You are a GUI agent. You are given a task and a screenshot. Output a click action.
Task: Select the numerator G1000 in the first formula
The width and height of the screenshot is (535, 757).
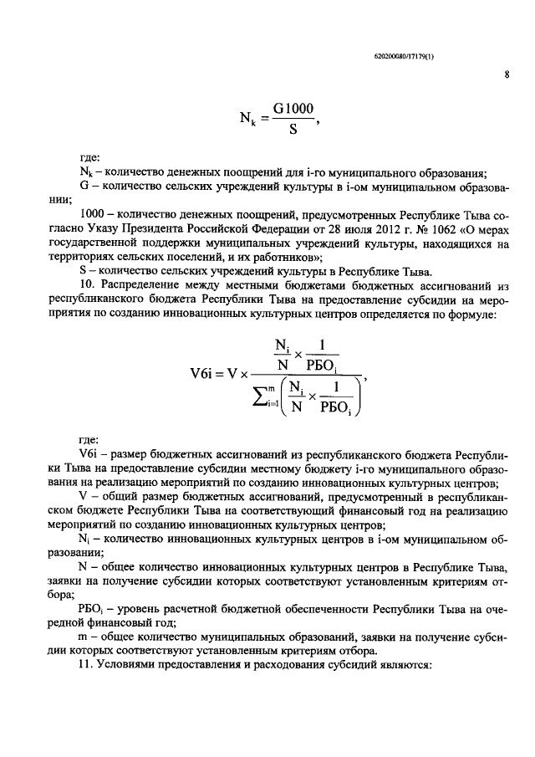tap(293, 110)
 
